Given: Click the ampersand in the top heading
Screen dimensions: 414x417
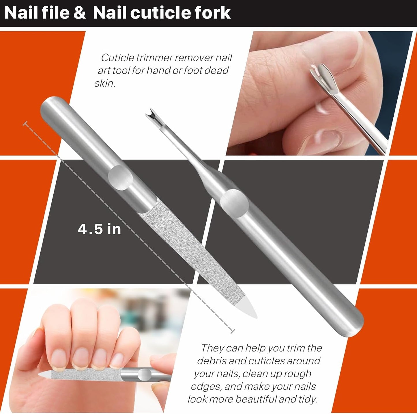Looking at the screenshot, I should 80,13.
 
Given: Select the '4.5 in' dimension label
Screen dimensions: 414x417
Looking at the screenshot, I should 99,229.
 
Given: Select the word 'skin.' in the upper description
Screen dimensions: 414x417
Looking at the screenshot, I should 105,83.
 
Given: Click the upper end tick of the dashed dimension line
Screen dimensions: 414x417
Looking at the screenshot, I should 25,124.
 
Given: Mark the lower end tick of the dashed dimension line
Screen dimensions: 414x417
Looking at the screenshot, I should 233,331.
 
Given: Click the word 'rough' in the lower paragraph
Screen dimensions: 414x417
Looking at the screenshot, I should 298,374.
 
